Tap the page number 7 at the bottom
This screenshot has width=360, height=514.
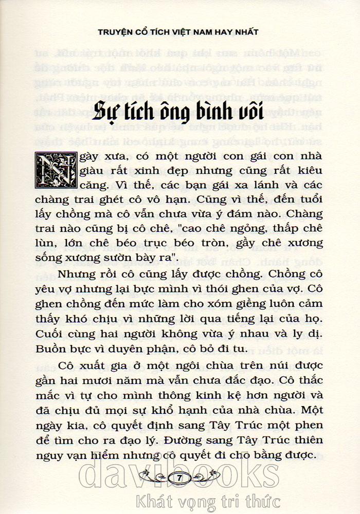click(x=179, y=478)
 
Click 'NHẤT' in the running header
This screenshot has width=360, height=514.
click(x=244, y=32)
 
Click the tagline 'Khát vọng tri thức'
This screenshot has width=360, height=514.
click(x=206, y=501)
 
